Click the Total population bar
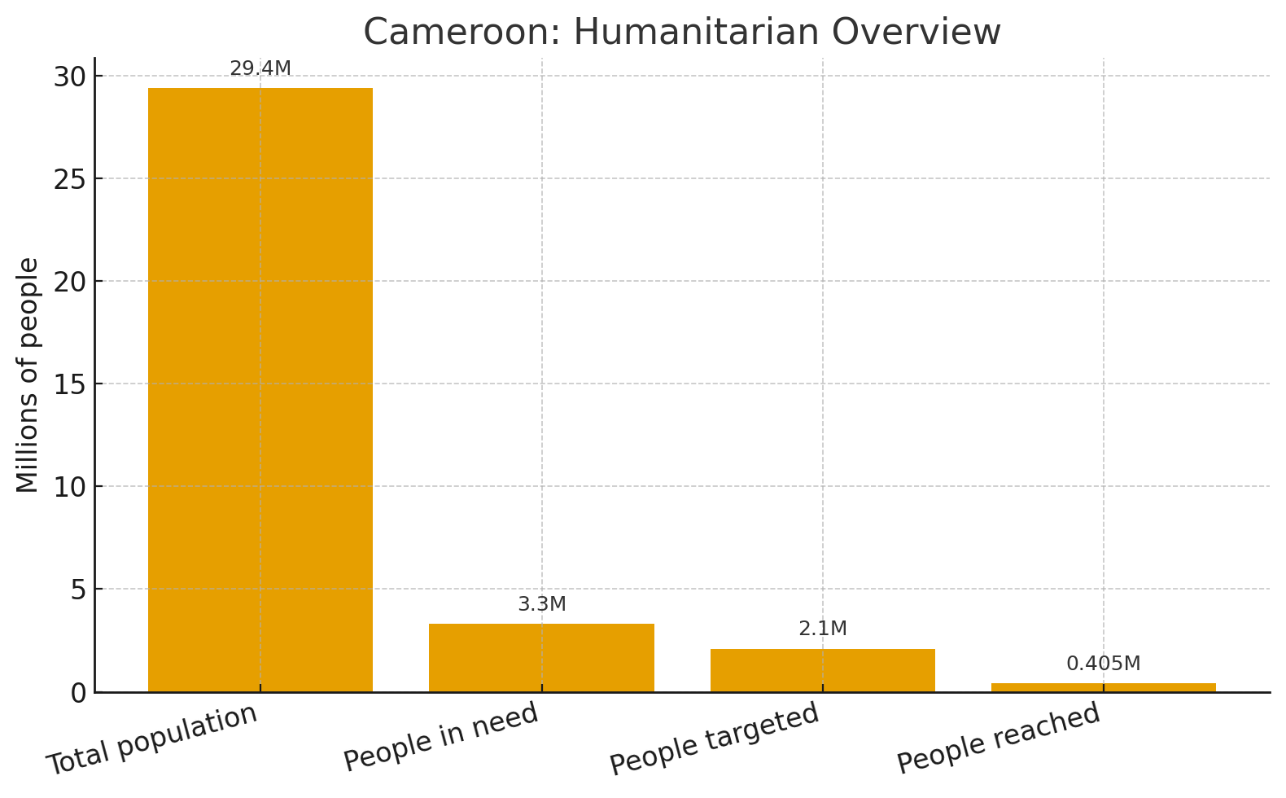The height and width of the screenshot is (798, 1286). [260, 390]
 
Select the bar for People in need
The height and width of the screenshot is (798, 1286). [541, 658]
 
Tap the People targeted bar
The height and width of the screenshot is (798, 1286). [823, 670]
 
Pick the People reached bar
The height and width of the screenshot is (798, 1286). [1104, 688]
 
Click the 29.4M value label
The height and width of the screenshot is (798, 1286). [260, 68]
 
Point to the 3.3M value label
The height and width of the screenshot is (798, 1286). [541, 604]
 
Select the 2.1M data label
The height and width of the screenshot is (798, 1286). [823, 629]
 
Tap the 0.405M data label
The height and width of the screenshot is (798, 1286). [1104, 664]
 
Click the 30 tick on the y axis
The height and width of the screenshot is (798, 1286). [69, 77]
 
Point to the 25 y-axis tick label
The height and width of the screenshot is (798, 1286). [69, 180]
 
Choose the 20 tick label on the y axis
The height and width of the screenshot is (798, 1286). [69, 282]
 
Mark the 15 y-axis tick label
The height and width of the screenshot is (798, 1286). [69, 384]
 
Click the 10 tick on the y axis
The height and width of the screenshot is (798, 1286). [69, 487]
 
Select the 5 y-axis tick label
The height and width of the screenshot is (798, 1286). [78, 590]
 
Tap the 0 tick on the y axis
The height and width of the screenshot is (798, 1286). [78, 694]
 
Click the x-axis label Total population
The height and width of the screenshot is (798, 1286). [151, 739]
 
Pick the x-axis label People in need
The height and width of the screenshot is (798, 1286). [441, 736]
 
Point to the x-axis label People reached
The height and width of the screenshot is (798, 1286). [999, 737]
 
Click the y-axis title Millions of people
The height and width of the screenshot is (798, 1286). [27, 375]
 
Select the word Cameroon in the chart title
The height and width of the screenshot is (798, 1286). [464, 32]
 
